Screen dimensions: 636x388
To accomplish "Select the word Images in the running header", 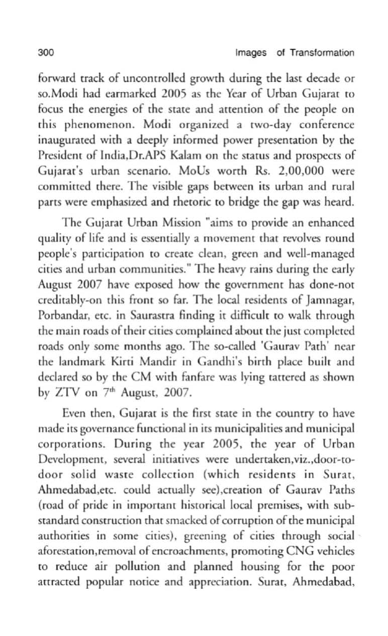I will coord(250,53).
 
